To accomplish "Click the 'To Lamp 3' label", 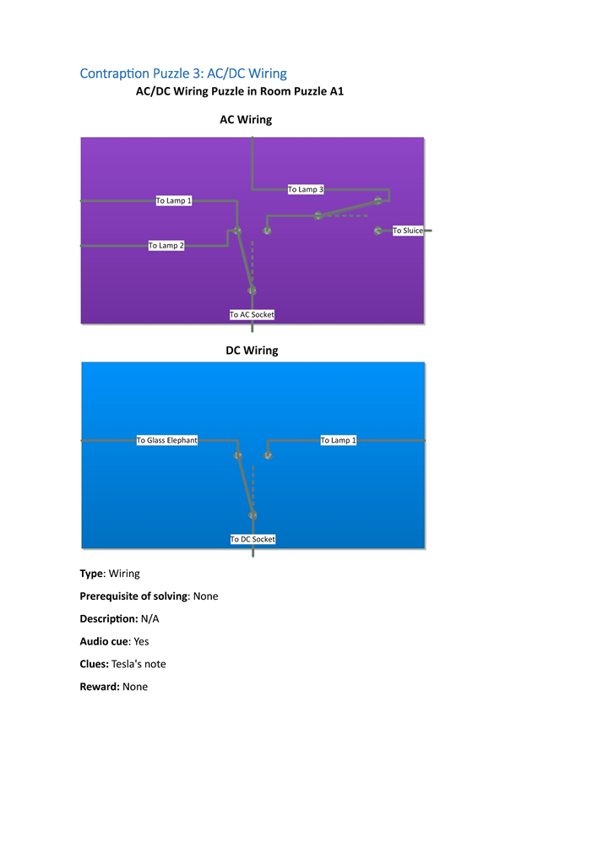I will point(305,189).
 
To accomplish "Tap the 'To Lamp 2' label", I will point(166,245).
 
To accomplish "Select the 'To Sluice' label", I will point(408,231).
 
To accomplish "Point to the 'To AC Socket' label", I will point(252,314).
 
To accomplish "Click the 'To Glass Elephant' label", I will point(167,440).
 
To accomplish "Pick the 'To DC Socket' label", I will point(253,539).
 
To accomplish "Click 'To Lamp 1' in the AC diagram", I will point(174,200).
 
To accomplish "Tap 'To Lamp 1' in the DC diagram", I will point(338,440).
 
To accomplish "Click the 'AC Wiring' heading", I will point(246,120).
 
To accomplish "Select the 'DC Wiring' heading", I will point(252,351).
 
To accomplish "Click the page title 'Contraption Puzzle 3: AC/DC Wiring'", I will point(183,73).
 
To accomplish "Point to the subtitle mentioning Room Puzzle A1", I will point(240,91).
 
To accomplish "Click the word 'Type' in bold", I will point(92,574).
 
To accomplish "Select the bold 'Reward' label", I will point(98,687).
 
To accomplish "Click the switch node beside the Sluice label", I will point(378,231).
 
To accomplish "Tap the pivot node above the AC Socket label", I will point(252,291).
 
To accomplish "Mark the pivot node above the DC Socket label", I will point(253,515).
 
